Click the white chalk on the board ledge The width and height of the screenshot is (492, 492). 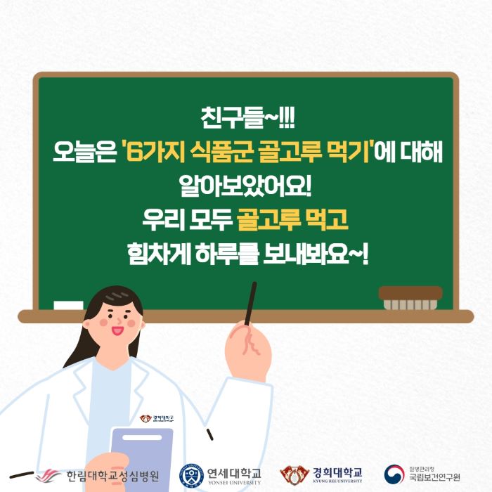click(68, 305)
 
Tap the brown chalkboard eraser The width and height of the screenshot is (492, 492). click(410, 298)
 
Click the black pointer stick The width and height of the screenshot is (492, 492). click(250, 304)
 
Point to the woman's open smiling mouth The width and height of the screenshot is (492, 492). click(117, 330)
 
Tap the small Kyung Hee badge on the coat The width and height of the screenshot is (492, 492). click(157, 418)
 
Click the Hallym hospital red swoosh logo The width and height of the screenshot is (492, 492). click(48, 476)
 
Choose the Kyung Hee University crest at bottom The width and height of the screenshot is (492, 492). click(294, 474)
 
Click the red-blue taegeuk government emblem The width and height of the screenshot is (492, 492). click(394, 474)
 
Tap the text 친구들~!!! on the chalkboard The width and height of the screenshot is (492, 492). click(247, 117)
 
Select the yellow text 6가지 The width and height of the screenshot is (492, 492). click(155, 153)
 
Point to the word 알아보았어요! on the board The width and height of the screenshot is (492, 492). click(245, 186)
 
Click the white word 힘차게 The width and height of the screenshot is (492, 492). click(160, 254)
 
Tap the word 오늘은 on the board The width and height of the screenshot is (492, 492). click(85, 153)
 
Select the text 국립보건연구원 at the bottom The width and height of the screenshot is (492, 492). click(434, 477)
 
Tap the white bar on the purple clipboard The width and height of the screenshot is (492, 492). click(142, 438)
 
